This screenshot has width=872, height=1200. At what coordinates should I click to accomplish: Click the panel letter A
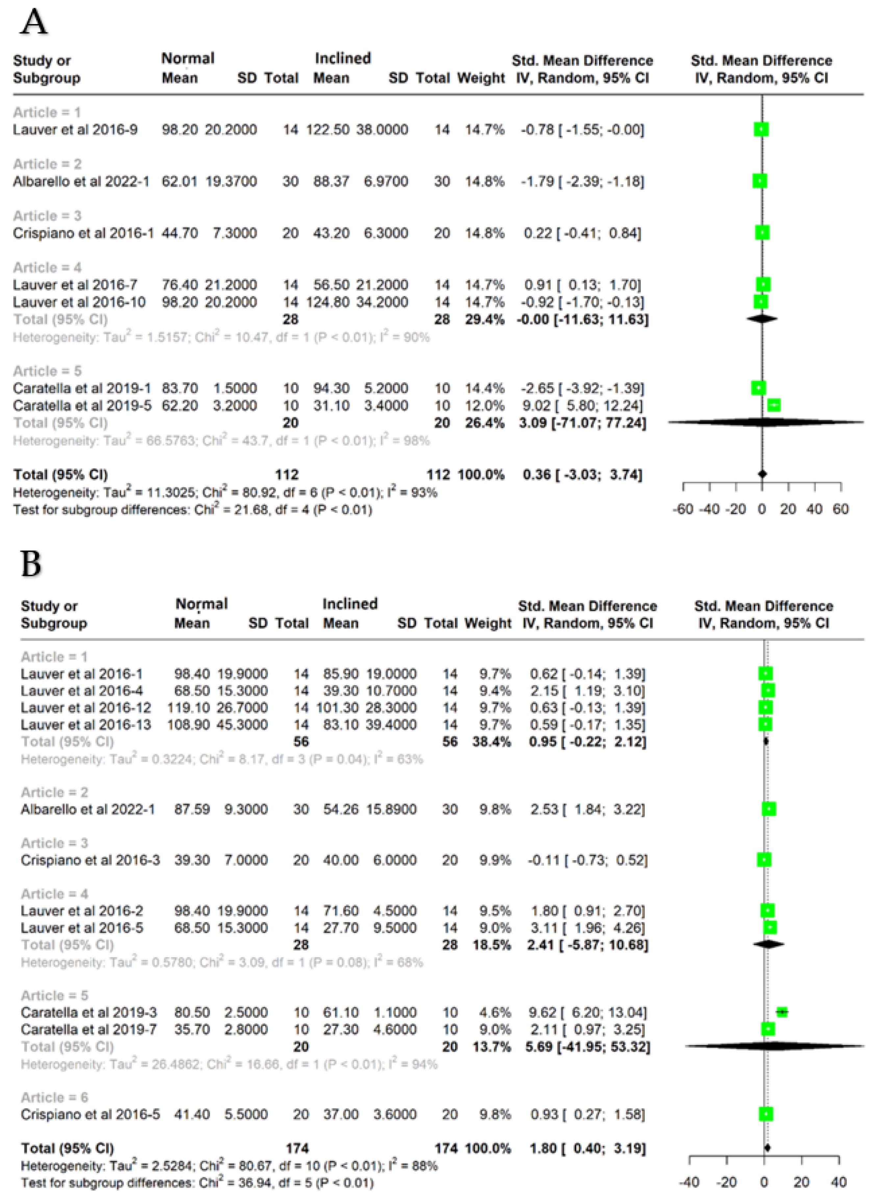[33, 22]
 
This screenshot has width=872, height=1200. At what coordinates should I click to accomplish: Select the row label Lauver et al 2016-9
[75, 130]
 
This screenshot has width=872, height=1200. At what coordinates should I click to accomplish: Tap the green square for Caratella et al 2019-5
[774, 405]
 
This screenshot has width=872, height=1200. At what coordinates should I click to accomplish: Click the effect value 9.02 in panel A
[536, 405]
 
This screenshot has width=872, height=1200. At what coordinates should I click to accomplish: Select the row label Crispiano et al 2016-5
[90, 1114]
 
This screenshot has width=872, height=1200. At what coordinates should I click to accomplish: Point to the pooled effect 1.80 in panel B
[543, 1148]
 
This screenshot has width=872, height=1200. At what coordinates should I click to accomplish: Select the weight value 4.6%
[495, 1012]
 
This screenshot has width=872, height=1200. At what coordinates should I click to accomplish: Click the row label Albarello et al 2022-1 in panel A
[81, 182]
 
